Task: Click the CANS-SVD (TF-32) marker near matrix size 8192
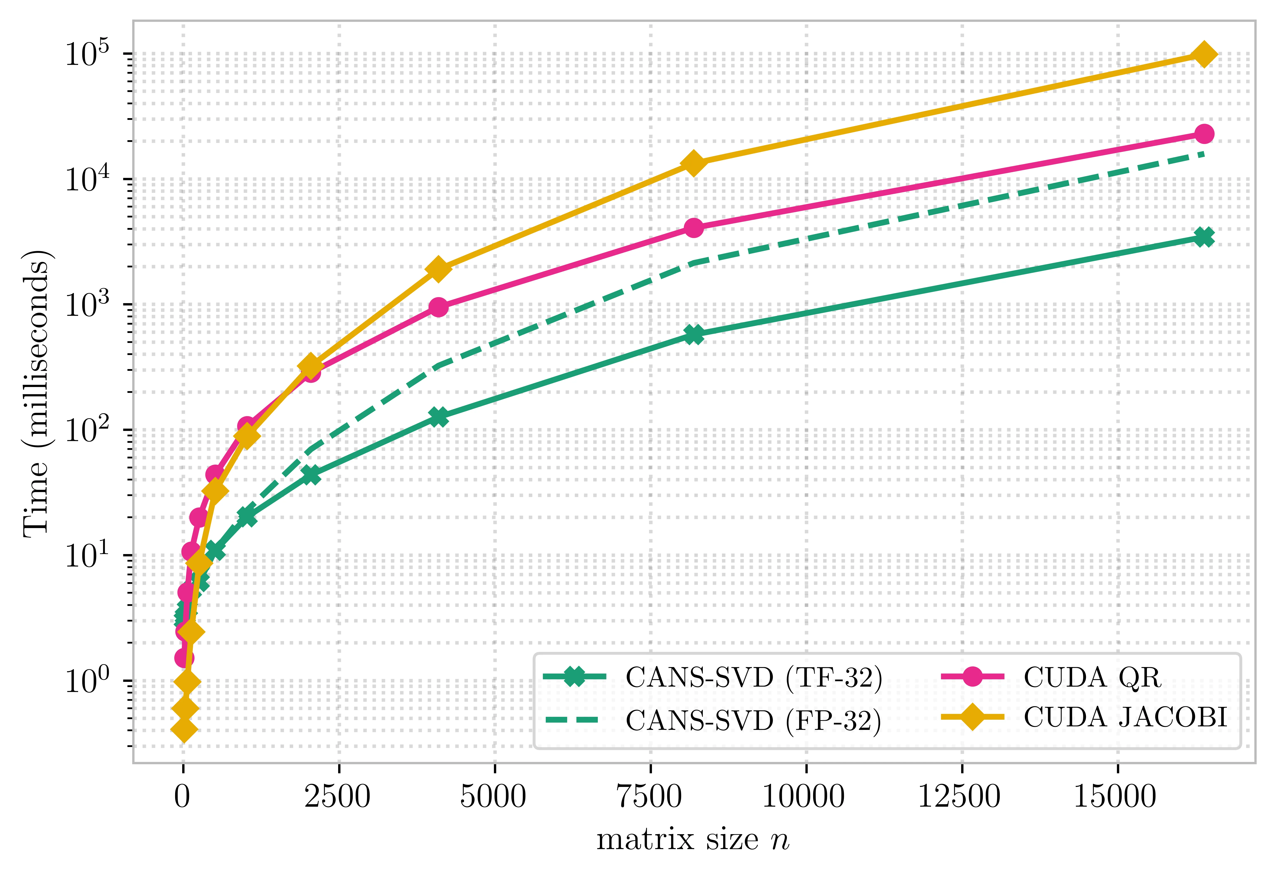(x=694, y=335)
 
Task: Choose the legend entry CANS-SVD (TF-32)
(x=753, y=677)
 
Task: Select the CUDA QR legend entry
(x=1091, y=677)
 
